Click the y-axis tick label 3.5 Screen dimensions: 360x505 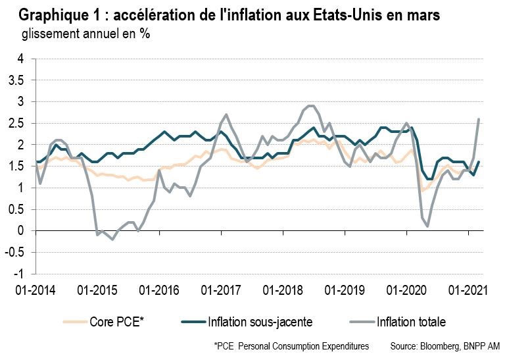click(x=15, y=80)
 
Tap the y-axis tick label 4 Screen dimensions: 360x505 click(x=20, y=59)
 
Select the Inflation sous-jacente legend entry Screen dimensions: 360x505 click(x=255, y=322)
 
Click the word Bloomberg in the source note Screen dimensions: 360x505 click(x=440, y=346)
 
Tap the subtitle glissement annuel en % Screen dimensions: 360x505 click(x=85, y=34)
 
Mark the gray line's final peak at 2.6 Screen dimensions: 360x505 click(x=479, y=119)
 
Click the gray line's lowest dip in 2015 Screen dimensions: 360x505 click(x=112, y=239)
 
